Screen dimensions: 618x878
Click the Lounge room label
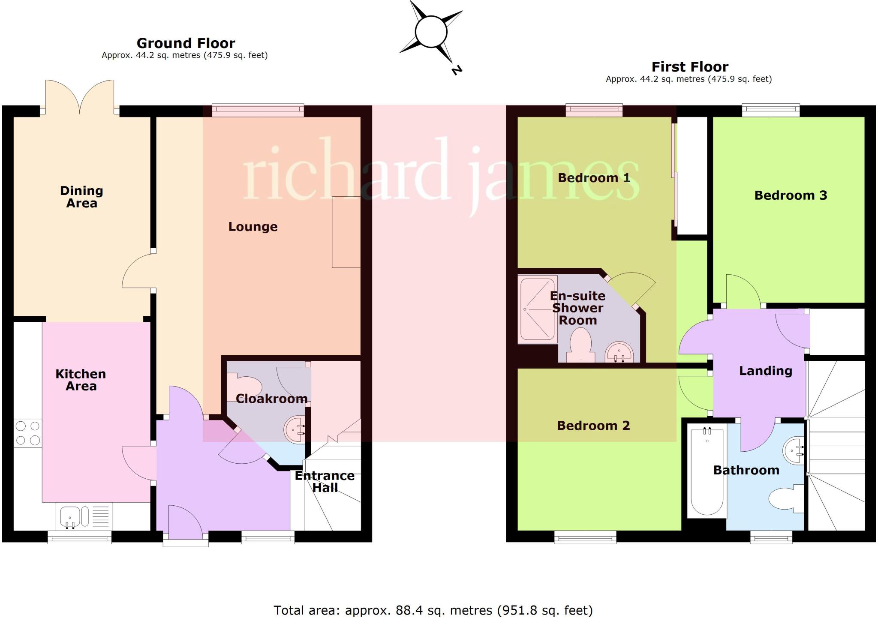point(253,227)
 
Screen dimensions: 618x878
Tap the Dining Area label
point(81,197)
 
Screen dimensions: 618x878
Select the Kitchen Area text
point(81,380)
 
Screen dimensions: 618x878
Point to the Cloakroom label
point(271,399)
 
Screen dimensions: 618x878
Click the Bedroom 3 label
point(791,195)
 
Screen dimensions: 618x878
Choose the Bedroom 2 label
point(593,426)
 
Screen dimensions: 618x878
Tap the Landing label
point(765,371)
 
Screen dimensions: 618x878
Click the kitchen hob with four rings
point(28,433)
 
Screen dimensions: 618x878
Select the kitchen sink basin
point(69,516)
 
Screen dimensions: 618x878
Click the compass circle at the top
point(431,32)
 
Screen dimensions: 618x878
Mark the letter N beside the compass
point(457,70)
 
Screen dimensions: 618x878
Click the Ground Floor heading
point(186,43)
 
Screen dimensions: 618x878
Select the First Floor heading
point(690,67)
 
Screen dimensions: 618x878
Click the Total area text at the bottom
point(433,610)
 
